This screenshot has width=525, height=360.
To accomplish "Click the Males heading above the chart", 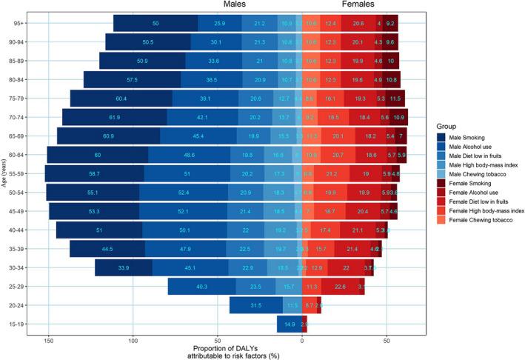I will pyautogui.click(x=236, y=5).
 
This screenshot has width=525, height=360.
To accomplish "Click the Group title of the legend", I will pyautogui.click(x=447, y=124).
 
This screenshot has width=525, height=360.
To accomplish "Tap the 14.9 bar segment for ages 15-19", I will pyautogui.click(x=290, y=324).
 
